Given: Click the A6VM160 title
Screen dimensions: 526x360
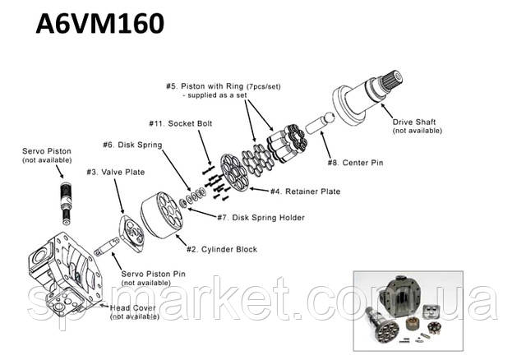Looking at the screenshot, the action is (x=100, y=24).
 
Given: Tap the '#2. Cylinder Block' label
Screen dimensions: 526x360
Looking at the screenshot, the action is (x=222, y=249).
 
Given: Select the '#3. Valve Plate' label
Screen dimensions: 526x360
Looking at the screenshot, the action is (x=116, y=172).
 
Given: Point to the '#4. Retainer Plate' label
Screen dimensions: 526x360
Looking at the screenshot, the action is (x=305, y=192).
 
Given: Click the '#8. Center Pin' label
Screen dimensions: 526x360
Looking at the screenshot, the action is (x=355, y=163).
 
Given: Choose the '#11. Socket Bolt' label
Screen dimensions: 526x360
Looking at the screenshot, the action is (x=181, y=123).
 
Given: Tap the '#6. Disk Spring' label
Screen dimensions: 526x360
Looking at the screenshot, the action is (x=132, y=145).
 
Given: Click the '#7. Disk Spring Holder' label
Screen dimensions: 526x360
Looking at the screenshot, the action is (x=261, y=218).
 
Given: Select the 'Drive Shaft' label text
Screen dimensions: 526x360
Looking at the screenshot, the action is (x=414, y=122).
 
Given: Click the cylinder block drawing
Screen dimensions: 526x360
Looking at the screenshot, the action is (x=162, y=215).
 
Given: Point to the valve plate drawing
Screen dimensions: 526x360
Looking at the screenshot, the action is (x=131, y=234).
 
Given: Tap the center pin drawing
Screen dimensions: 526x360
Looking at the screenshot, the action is (x=320, y=122).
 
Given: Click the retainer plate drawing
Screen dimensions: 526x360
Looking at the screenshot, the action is (x=234, y=173).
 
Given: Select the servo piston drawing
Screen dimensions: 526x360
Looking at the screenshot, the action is (x=66, y=203).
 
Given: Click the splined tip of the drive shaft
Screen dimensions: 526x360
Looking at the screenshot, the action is (x=393, y=80).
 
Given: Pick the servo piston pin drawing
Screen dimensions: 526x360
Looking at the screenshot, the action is (x=107, y=247).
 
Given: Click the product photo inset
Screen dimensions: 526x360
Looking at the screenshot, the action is (x=408, y=311).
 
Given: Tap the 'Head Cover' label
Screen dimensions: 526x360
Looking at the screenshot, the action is (x=133, y=307).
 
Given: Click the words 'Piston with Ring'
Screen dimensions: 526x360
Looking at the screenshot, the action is (x=212, y=86).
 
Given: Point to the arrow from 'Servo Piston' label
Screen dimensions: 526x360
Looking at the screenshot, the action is (x=59, y=172).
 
